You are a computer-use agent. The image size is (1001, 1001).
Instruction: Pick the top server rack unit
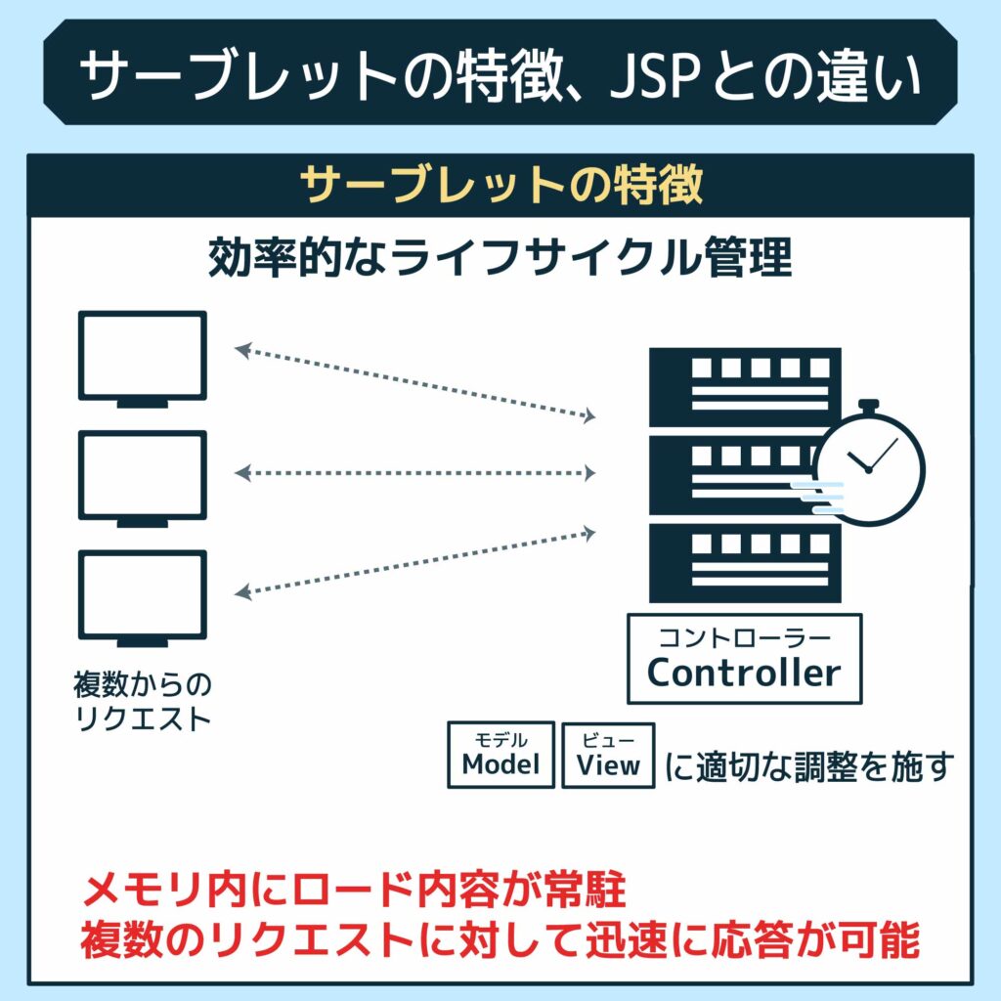[x=744, y=387]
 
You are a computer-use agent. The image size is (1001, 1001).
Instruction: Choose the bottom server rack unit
[x=744, y=563]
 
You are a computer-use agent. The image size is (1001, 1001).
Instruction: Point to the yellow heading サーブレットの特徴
[x=501, y=185]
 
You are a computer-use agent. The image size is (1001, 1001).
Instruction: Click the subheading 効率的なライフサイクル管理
[x=500, y=257]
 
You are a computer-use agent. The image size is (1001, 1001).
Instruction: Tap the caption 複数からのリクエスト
[x=142, y=700]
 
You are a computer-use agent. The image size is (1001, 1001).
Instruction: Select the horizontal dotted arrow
[x=414, y=473]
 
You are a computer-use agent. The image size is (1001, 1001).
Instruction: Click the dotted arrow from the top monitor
[x=414, y=383]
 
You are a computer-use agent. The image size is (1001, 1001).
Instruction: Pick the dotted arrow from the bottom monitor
[x=414, y=563]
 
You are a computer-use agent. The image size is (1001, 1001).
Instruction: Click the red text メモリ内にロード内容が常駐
[x=354, y=891]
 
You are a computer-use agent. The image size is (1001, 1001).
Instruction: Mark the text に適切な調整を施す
[x=809, y=766]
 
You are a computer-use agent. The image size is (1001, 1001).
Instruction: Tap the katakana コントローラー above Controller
[x=744, y=637]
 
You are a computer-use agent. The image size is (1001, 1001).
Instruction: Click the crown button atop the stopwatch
[x=869, y=406]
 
